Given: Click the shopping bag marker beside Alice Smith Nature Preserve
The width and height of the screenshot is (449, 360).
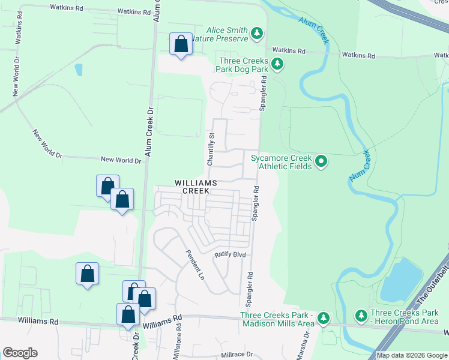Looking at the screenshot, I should (181, 44).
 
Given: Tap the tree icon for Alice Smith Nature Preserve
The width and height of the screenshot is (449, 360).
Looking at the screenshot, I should (257, 33).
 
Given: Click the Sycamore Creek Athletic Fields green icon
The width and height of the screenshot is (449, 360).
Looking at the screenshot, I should (321, 161).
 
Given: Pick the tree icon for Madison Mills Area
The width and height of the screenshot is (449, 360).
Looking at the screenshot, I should (324, 317).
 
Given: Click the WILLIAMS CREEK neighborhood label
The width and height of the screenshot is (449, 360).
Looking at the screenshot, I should (192, 186).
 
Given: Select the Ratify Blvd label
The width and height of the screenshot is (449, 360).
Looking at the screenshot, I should (231, 255).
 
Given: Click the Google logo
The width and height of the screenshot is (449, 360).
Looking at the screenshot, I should (20, 353).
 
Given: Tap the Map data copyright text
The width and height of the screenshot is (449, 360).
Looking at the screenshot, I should (412, 355).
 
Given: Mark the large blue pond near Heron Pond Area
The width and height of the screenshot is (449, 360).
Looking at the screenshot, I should (395, 281).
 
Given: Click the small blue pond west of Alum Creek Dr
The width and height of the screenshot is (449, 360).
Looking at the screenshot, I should (79, 69).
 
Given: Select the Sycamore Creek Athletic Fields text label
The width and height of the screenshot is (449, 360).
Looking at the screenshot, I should (281, 162).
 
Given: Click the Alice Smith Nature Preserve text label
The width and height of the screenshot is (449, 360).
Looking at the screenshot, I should (227, 34).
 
